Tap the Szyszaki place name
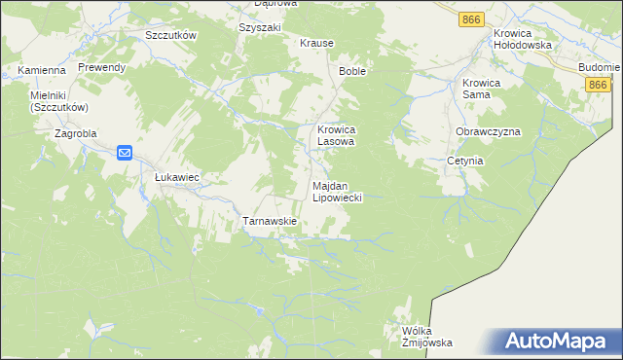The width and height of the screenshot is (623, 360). pos(259,27)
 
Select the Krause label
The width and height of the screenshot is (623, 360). pos(316,44)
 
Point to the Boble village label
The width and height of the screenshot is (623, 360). pos(351,72)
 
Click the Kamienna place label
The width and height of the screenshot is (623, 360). pos(42,71)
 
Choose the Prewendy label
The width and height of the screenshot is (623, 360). pos(102,67)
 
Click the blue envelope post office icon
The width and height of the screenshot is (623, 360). pos(126,153)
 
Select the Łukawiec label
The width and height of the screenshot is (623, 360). pos(177,178)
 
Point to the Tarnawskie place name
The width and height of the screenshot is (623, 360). pos(269,221)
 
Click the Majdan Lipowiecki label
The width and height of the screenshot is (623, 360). pos(337,191)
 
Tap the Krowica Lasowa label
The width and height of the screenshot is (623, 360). pos(338,134)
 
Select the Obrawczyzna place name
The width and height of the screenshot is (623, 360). pos(488,131)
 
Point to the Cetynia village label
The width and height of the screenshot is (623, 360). pos(465,161)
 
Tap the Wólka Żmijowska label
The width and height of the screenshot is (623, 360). pos(427,337)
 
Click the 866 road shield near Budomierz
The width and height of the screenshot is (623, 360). pos(600,86)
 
